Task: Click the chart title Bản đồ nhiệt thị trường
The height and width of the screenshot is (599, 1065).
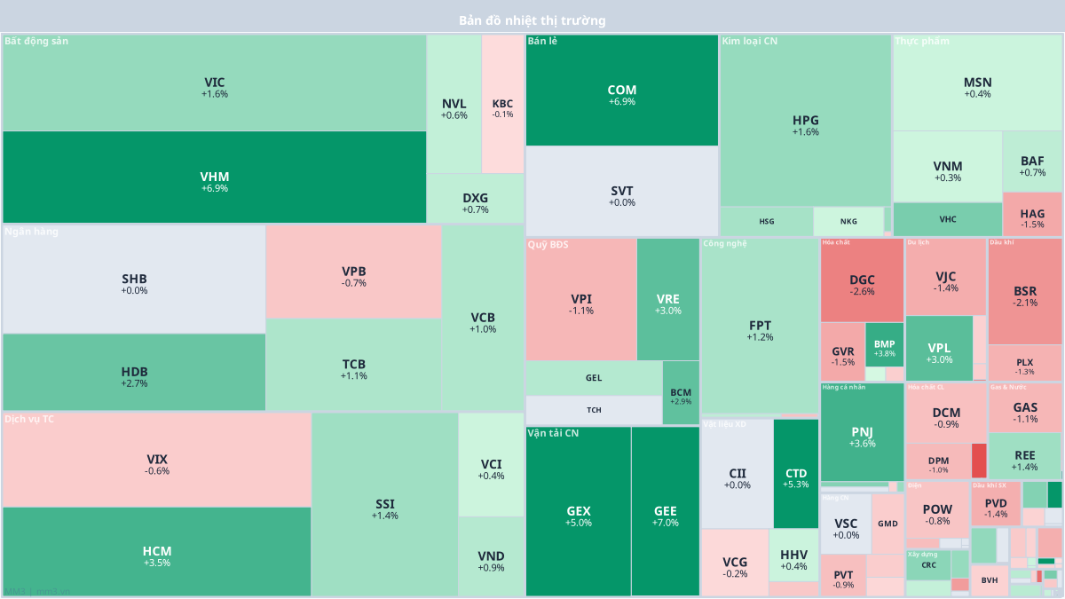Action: coord(532,20)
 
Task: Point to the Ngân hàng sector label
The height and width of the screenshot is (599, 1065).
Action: coord(32,233)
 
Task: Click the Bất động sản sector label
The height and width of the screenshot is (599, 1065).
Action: coord(36,41)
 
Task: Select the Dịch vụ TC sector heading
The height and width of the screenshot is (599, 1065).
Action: coord(29,419)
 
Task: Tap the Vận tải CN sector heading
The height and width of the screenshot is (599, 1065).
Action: coord(553,433)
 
